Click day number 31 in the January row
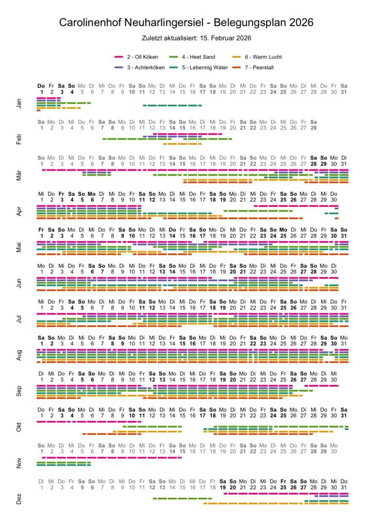pos(344,91)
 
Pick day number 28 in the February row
pos(314,128)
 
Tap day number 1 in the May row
pos(42,236)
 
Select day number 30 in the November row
pos(334,452)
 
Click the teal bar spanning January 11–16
pos(172,105)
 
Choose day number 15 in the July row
pos(182,308)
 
